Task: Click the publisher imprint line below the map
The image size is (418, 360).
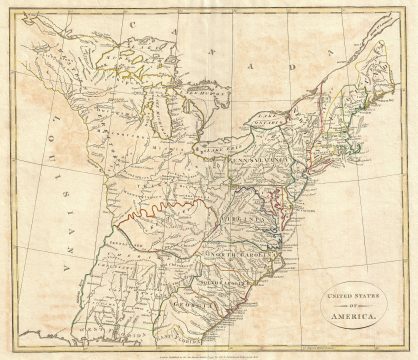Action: (x=207, y=351)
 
